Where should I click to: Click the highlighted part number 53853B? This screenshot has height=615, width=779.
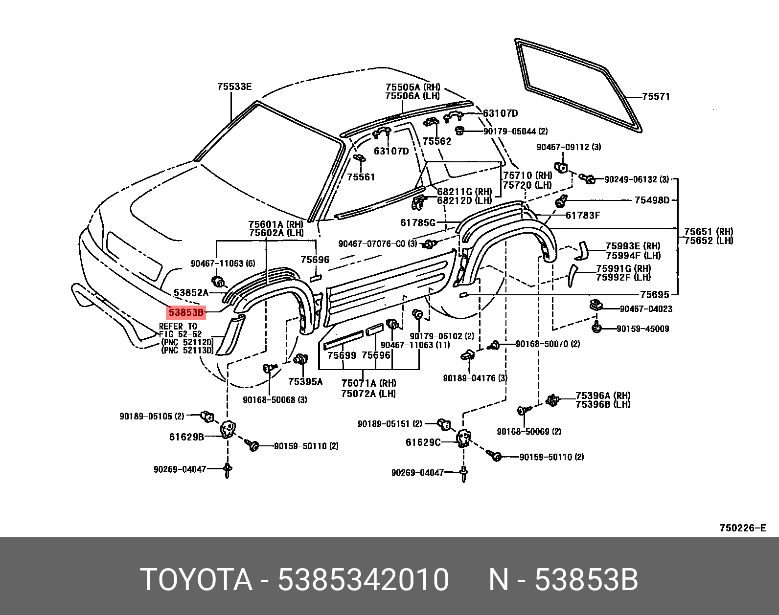(185, 312)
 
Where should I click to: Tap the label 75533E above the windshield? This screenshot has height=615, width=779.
(234, 87)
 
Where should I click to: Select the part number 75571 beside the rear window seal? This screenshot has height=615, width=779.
(656, 97)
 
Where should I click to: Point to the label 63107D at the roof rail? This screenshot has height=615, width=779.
(500, 113)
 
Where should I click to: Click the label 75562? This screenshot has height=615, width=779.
(437, 141)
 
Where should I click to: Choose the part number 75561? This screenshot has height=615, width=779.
(361, 177)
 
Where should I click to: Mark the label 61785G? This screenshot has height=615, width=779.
(417, 223)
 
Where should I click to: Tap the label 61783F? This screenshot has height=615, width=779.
(582, 215)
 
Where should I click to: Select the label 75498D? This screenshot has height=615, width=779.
(652, 200)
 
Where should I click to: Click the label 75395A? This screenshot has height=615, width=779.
(305, 382)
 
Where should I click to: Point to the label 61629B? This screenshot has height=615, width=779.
(186, 437)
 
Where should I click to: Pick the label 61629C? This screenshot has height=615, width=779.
(423, 442)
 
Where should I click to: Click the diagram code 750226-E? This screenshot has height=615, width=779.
(742, 528)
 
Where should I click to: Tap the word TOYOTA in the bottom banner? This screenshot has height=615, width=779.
(196, 580)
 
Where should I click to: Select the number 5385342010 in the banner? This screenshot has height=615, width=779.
(363, 580)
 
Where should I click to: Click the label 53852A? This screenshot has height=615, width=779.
(191, 293)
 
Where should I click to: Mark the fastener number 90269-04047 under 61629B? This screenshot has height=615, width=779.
(180, 469)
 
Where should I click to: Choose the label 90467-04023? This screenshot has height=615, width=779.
(646, 309)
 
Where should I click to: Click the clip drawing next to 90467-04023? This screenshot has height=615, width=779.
(596, 306)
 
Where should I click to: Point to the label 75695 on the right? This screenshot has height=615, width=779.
(654, 294)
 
